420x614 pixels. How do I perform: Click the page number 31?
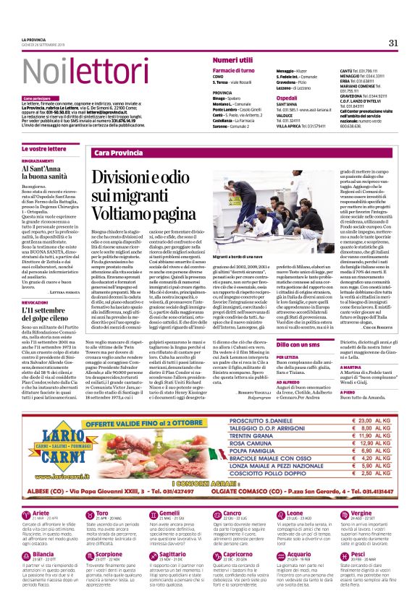393,43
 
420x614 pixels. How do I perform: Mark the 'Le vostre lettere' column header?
43,148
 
